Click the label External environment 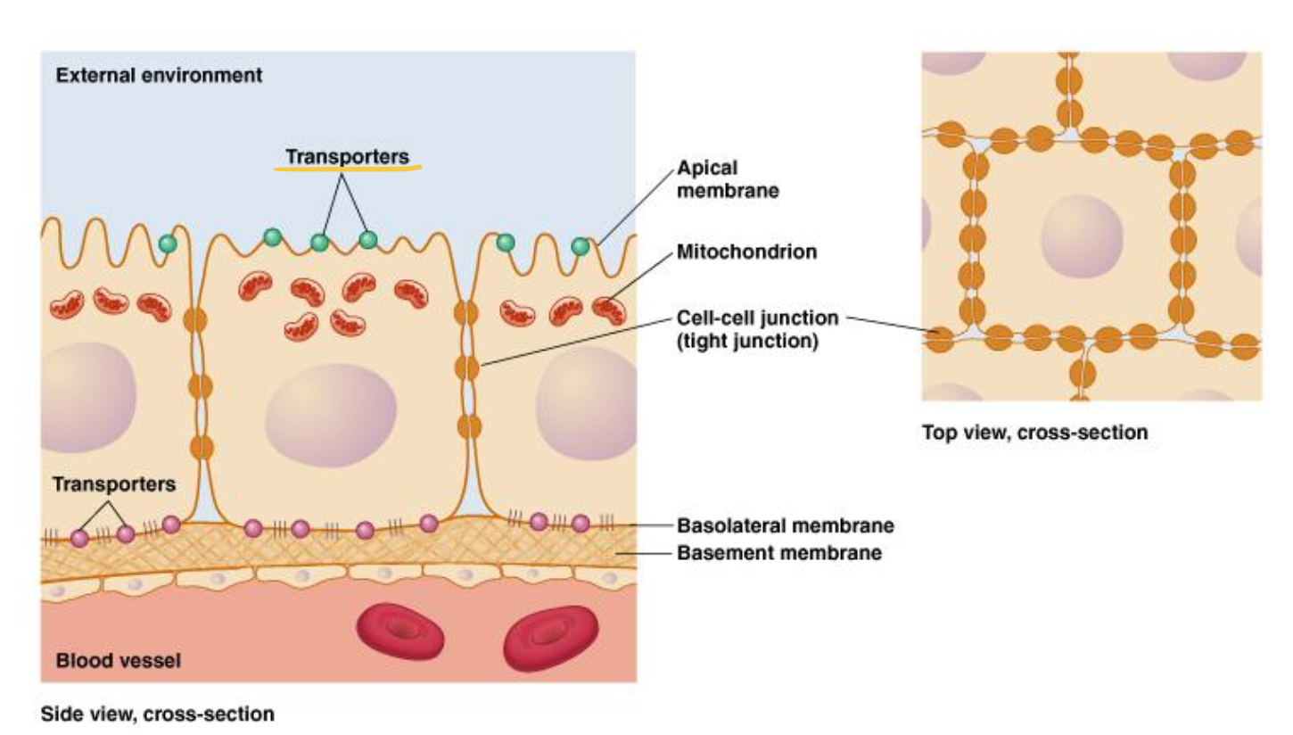click(159, 76)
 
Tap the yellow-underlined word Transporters click(347, 157)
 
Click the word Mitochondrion click(746, 252)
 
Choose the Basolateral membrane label click(785, 525)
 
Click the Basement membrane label click(779, 553)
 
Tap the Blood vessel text click(118, 661)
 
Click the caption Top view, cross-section click(1034, 434)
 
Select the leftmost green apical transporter click(167, 243)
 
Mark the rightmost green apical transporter click(581, 246)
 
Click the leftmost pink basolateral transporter click(80, 538)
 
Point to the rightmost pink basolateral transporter click(581, 524)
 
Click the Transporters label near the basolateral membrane click(114, 484)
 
